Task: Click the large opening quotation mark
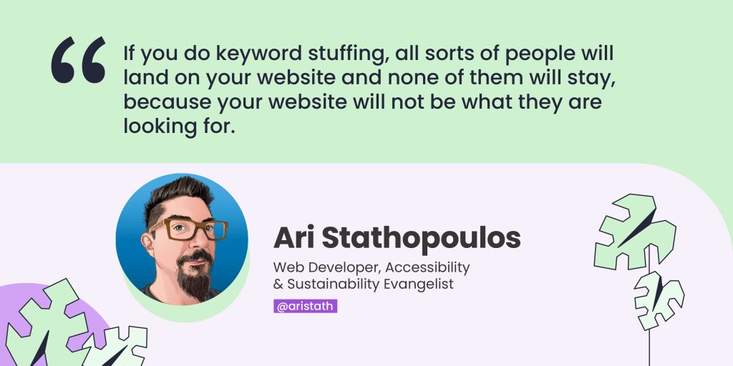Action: pos(78,60)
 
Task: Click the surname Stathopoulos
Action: pos(421,239)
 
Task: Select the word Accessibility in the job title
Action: pos(427,268)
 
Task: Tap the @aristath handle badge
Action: pos(305,306)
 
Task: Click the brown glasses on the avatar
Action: pos(189,229)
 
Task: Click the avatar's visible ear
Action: pos(148,243)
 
